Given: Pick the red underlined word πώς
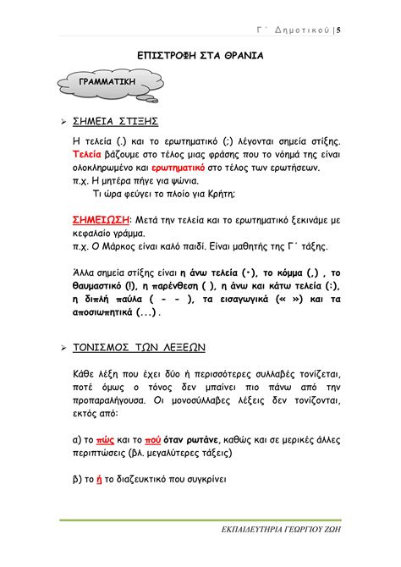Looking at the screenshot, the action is (x=106, y=439).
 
